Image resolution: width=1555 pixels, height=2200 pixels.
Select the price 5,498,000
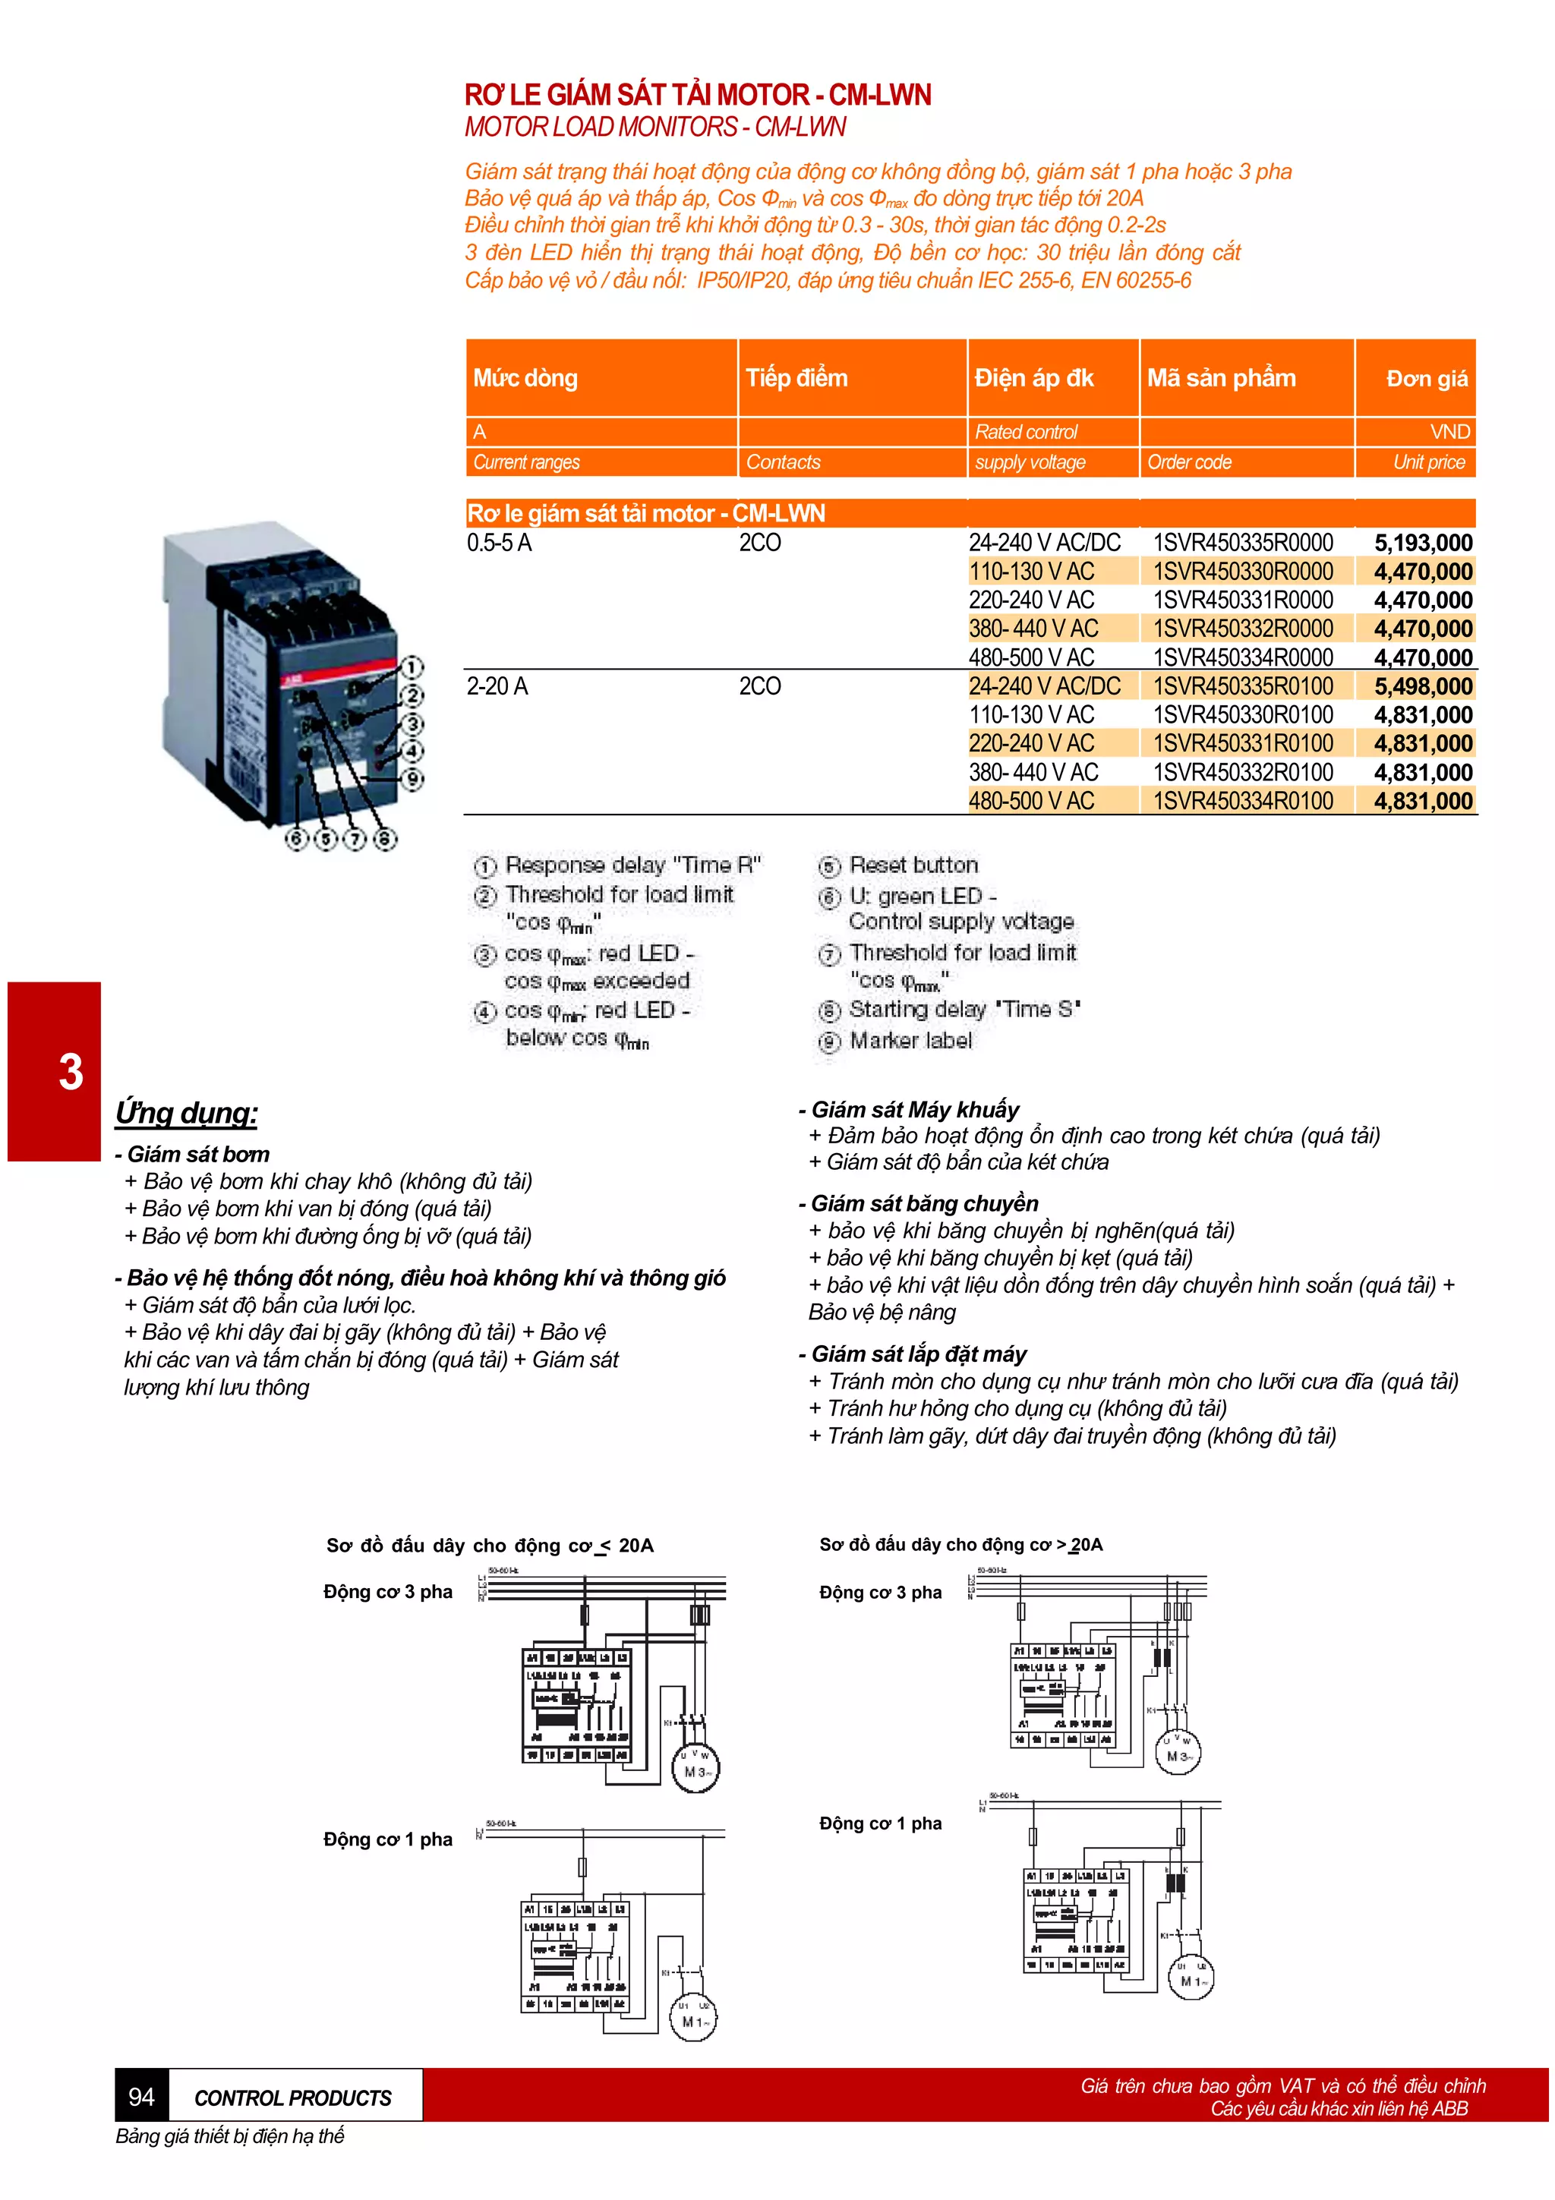[1423, 687]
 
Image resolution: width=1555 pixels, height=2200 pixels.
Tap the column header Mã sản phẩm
[1221, 379]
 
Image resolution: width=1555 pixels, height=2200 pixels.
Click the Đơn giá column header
[1426, 379]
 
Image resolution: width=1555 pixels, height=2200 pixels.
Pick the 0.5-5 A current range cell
[499, 544]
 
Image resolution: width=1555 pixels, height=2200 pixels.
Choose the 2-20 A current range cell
[497, 687]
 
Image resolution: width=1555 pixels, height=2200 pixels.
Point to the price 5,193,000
[1423, 544]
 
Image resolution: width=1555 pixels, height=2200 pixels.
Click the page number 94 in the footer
[140, 2098]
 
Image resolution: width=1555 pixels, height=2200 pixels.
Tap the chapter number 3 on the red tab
[71, 1071]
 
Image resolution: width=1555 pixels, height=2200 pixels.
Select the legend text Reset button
[913, 865]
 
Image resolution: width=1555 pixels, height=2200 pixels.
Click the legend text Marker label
[910, 1041]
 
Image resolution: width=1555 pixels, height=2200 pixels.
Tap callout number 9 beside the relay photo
[411, 778]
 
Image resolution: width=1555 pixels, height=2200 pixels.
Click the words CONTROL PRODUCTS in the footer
[292, 2098]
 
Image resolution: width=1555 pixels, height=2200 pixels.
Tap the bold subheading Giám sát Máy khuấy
[914, 1110]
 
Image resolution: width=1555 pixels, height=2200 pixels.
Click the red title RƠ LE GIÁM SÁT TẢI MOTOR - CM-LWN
[698, 95]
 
